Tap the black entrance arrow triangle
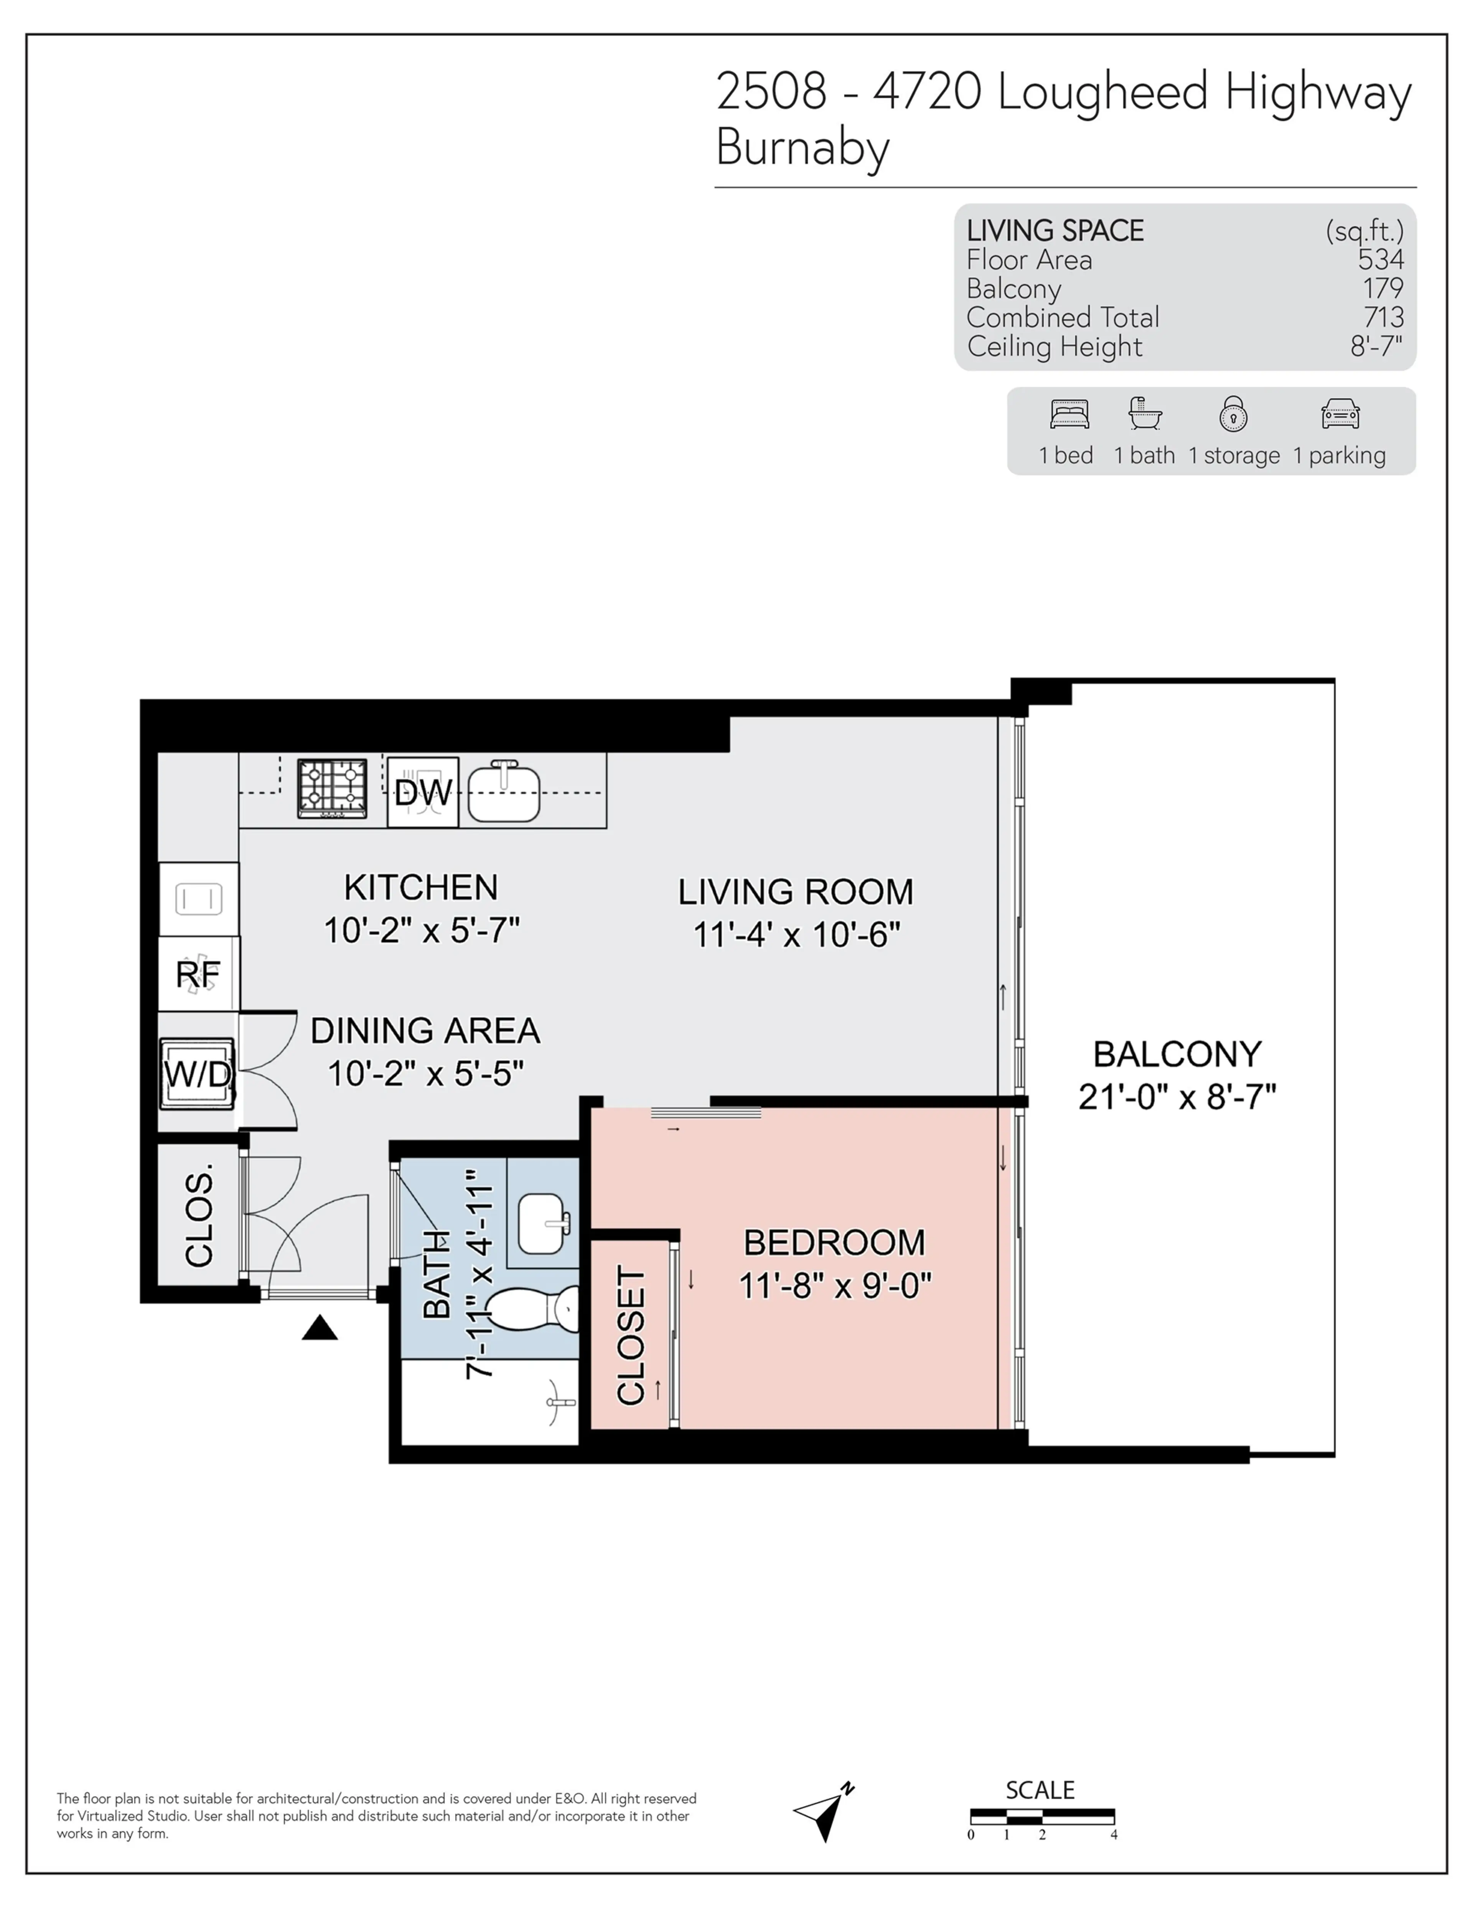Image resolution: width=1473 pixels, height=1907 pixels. point(320,1328)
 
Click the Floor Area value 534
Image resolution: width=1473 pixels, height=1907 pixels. point(1381,259)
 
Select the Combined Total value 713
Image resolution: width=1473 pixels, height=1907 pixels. point(1383,317)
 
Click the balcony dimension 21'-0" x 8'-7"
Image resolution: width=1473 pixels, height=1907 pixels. point(1177,1097)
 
